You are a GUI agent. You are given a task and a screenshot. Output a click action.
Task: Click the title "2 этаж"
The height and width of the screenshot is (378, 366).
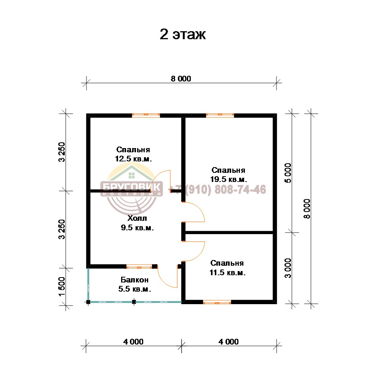[x=183, y=35]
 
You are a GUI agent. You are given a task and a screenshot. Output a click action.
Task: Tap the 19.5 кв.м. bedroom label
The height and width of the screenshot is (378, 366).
[x=229, y=175]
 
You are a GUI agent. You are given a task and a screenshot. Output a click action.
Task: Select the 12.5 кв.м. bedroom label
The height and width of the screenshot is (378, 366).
[x=133, y=154]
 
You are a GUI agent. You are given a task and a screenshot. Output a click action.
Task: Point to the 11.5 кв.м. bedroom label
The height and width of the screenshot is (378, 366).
[x=227, y=268]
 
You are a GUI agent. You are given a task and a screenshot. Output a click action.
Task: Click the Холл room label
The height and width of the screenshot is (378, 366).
[x=137, y=223]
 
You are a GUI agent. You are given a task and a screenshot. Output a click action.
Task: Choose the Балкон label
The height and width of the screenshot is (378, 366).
[x=134, y=284]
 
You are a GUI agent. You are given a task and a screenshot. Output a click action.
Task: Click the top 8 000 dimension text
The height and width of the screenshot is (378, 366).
[x=181, y=78]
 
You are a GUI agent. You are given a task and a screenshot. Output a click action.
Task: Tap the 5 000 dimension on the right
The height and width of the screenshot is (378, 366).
[x=288, y=173]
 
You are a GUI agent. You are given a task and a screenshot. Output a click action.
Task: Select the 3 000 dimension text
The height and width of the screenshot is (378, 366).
[x=288, y=268]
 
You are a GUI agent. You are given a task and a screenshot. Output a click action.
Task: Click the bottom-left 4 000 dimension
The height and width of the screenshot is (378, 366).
[x=133, y=341]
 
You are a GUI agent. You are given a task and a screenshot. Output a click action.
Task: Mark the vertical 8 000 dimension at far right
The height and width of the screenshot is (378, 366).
[x=307, y=209]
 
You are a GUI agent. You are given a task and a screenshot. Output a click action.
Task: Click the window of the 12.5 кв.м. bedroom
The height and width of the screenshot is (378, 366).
[x=146, y=115]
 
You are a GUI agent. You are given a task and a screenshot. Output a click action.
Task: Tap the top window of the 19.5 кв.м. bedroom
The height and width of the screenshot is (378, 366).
[x=220, y=115]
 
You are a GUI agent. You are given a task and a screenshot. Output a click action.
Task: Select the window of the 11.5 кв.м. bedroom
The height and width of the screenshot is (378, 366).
[x=217, y=302]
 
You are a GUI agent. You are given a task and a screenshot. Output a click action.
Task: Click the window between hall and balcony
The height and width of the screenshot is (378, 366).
[x=139, y=266]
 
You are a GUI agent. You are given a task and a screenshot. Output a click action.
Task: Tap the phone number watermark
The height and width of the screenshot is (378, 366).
[x=217, y=190]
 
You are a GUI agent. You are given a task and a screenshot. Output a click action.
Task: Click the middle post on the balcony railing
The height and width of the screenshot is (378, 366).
[x=134, y=302]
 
